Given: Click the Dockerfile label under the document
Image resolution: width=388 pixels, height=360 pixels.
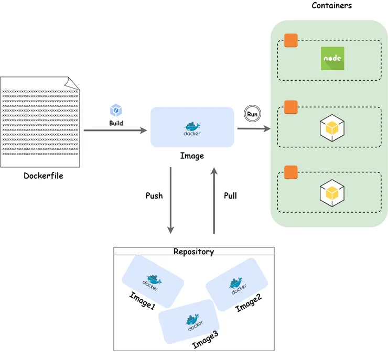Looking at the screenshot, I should (44, 176).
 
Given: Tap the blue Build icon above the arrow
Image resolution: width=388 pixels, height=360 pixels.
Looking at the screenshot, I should (116, 110).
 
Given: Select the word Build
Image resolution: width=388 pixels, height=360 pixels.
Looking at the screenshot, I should (116, 123).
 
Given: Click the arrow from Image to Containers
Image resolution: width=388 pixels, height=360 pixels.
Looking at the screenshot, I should (254, 128).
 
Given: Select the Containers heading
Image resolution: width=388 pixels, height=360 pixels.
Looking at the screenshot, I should (331, 6).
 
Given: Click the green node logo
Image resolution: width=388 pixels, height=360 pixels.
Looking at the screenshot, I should (332, 58).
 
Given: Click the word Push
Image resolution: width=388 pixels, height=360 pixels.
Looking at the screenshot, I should (154, 196).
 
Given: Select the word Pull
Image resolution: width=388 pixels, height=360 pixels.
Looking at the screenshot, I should (230, 196).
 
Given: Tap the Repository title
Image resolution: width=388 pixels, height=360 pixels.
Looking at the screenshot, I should (193, 252).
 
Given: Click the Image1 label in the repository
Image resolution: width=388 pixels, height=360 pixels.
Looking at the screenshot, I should (142, 301).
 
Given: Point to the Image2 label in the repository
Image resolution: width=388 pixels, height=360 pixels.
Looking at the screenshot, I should (249, 303).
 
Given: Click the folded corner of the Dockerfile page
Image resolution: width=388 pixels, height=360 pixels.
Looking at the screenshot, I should (73, 83).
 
